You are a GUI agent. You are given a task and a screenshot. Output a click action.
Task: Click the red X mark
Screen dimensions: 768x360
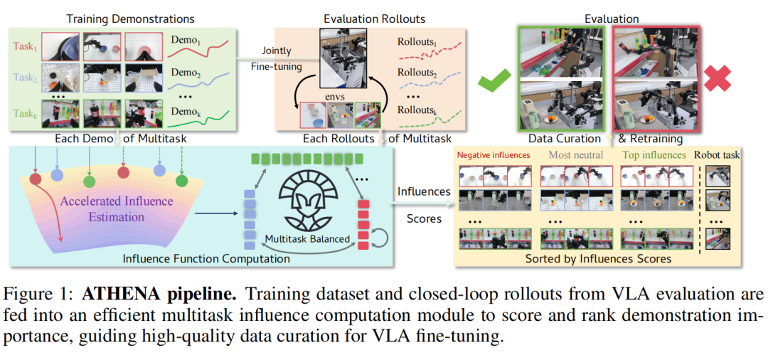point(718,78)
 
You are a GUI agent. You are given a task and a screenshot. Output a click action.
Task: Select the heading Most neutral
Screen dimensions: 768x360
point(575,155)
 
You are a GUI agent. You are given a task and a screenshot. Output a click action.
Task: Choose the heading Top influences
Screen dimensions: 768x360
point(654,155)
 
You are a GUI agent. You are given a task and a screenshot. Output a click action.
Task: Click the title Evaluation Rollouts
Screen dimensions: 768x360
point(375,19)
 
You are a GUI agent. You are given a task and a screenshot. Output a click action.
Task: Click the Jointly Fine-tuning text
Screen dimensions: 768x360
point(276,58)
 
